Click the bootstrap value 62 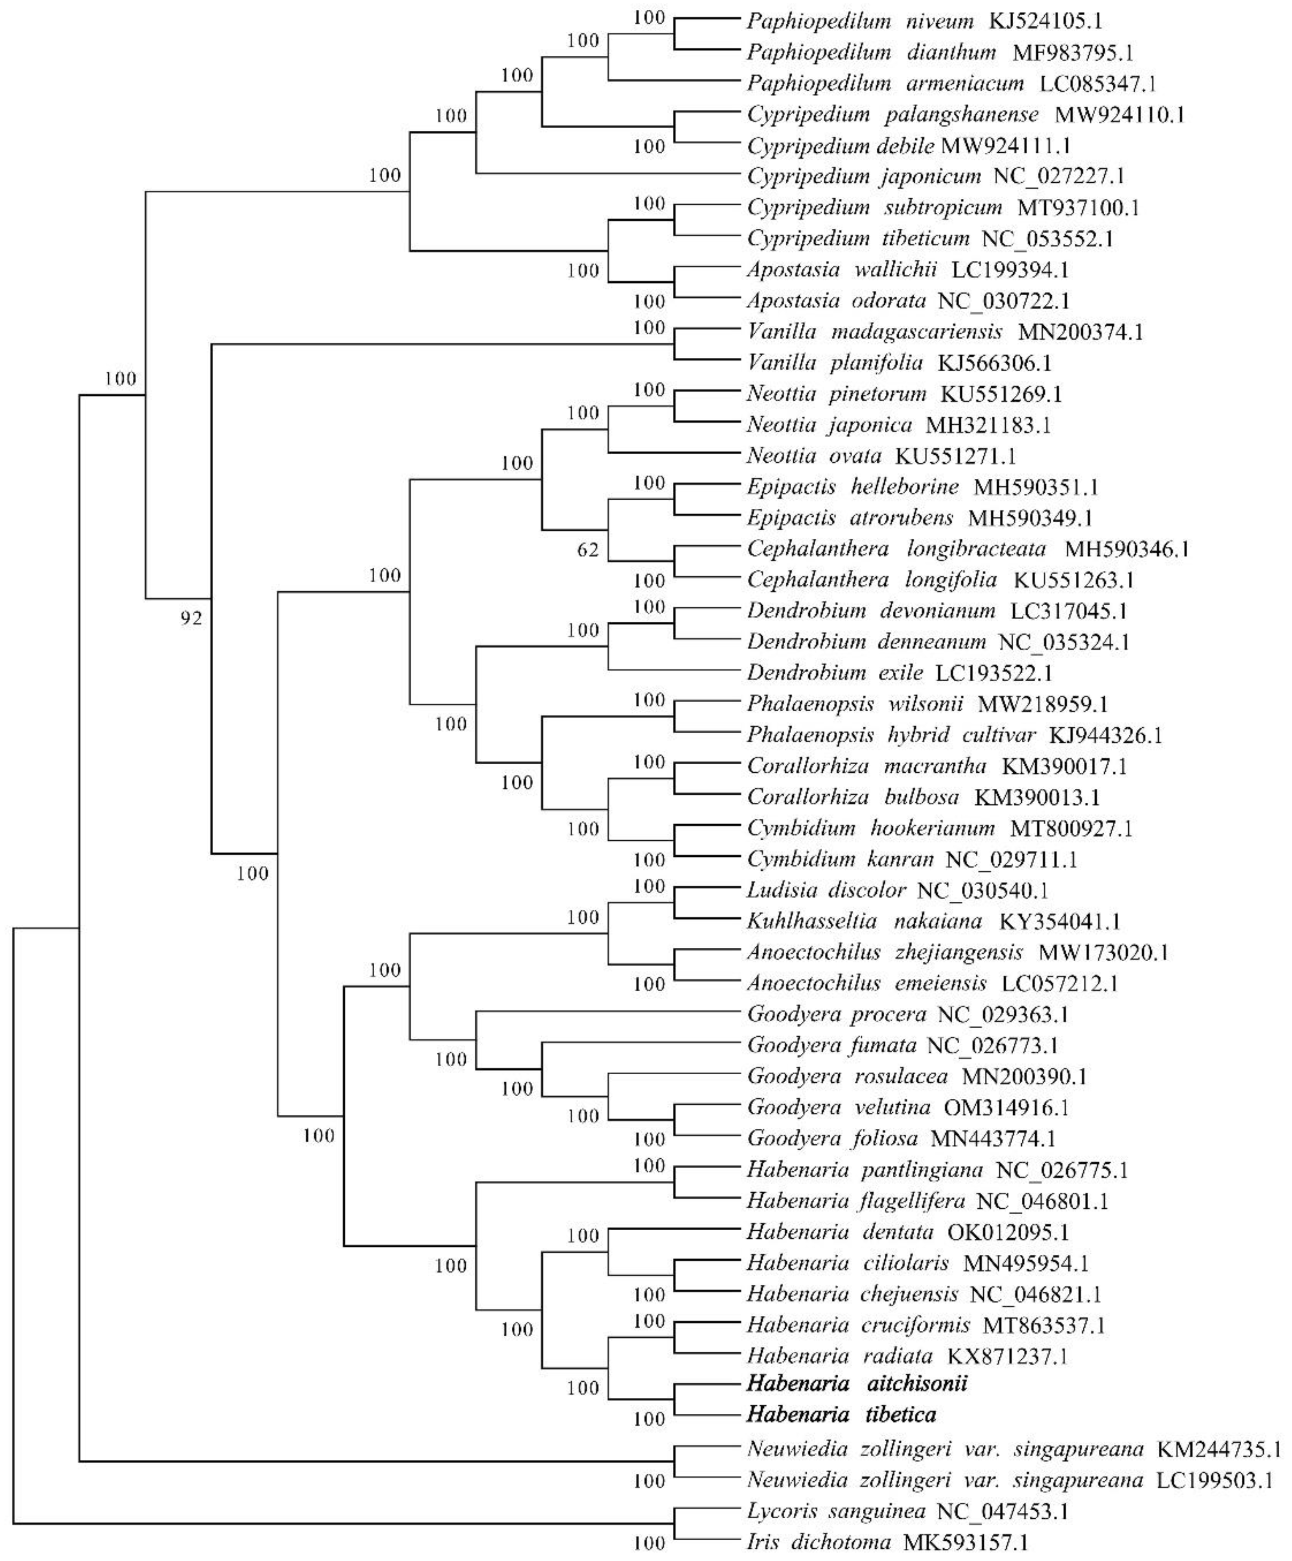point(587,551)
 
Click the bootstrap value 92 point(191,618)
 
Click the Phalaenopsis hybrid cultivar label point(891,735)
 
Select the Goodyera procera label point(836,1015)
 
